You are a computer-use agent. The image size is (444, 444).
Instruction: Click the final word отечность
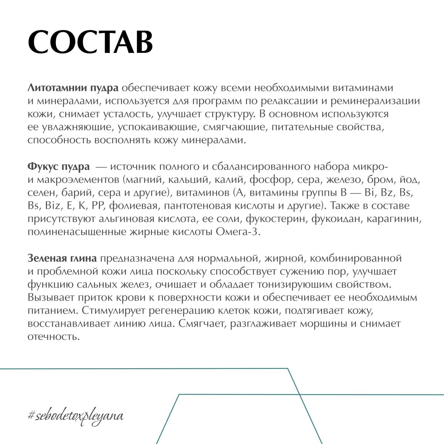pos(54,337)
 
